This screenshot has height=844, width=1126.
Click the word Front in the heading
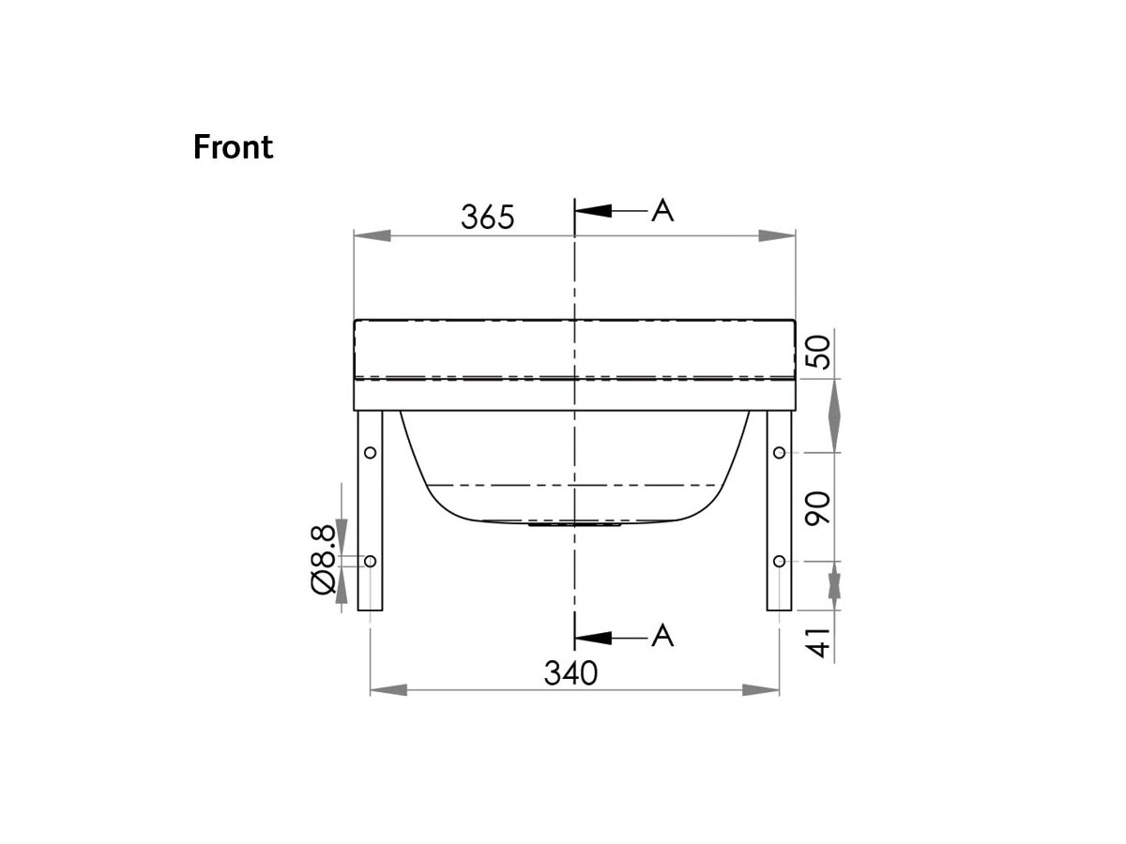[233, 147]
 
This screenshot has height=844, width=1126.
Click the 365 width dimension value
[488, 217]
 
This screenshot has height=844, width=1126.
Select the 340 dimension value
[571, 672]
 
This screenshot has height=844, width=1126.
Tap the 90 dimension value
[819, 507]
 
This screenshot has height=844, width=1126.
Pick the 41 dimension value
[819, 643]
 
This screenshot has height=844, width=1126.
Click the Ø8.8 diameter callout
[322, 559]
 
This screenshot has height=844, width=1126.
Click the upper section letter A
[662, 211]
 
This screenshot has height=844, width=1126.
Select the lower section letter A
[662, 636]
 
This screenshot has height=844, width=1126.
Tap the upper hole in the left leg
[371, 453]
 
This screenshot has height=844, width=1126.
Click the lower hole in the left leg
[371, 561]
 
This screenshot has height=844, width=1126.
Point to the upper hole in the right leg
[779, 453]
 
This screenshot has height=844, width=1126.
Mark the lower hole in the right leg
[779, 561]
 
